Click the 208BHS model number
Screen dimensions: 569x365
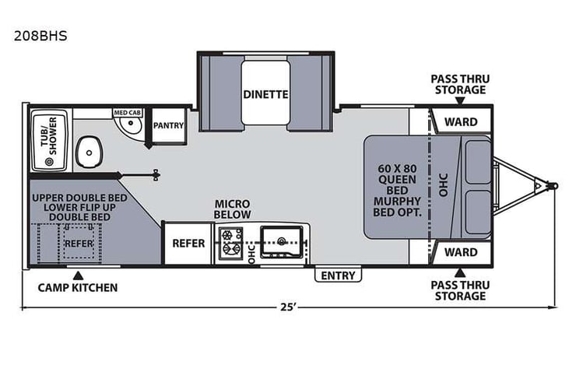(40, 36)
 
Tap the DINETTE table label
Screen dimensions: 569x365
(265, 94)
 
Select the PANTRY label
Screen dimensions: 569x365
(168, 125)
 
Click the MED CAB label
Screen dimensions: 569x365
(128, 113)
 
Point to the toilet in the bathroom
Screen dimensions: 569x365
(89, 152)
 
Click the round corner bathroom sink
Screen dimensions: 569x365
(129, 126)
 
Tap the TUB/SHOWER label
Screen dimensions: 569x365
(49, 136)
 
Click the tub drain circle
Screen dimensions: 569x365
(49, 162)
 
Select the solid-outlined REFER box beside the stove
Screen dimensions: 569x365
(188, 244)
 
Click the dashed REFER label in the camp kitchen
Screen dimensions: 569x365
(79, 244)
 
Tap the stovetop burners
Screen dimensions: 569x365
(230, 242)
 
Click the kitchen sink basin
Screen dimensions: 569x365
(282, 241)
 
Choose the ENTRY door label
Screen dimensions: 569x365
(338, 276)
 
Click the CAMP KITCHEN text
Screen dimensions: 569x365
(78, 288)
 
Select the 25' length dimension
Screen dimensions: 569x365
(289, 307)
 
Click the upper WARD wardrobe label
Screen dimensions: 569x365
(461, 121)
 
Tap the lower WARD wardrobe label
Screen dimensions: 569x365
(461, 252)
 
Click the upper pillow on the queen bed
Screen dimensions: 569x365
(478, 162)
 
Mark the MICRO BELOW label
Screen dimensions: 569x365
(232, 209)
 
